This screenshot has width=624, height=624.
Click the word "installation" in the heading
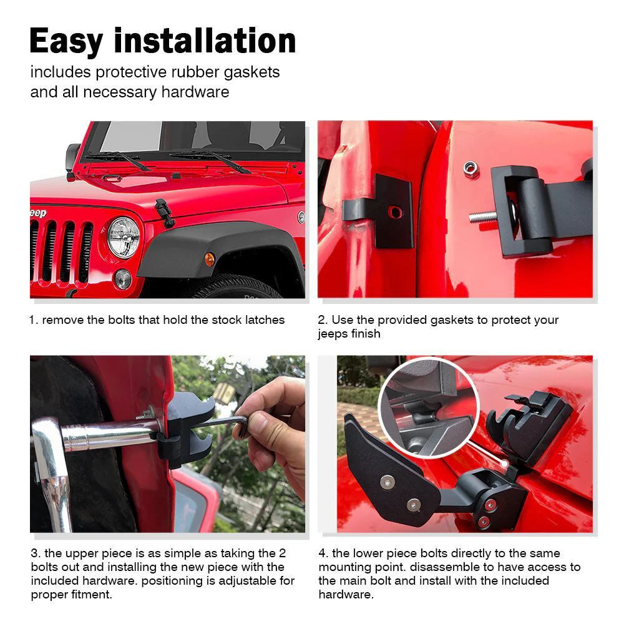(205, 41)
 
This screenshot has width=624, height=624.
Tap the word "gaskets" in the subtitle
(251, 72)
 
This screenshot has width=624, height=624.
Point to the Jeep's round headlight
(124, 237)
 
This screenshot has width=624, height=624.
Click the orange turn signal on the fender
(209, 260)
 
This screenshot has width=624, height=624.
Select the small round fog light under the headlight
(123, 279)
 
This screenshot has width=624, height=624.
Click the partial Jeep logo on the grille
(38, 213)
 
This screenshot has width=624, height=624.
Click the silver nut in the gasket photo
(470, 168)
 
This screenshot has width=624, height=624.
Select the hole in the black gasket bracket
(395, 212)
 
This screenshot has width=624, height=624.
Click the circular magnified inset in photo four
(429, 408)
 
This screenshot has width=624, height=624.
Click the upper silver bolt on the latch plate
(388, 482)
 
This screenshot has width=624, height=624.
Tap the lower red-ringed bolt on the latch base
(484, 521)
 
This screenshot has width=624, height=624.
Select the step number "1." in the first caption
(34, 320)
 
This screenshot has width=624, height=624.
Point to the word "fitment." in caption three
(92, 595)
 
